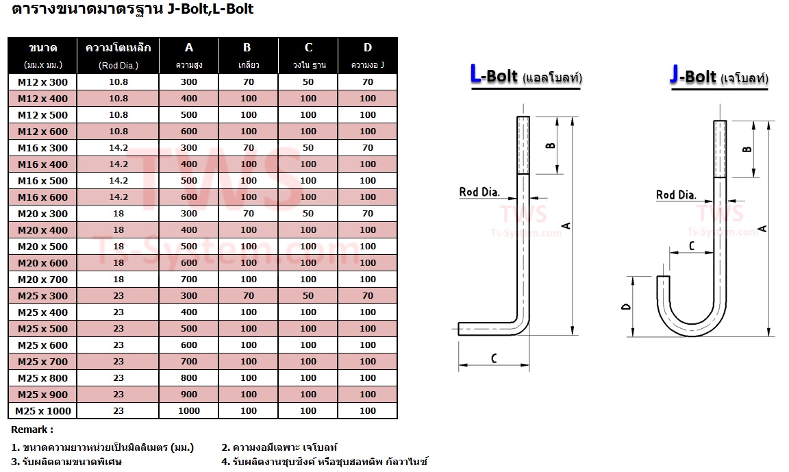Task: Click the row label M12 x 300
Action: click(42, 82)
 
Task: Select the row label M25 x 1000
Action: click(42, 410)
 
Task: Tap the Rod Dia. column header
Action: click(118, 65)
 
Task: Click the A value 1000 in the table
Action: click(189, 410)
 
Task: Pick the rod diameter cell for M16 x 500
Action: click(118, 181)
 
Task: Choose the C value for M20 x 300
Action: click(308, 213)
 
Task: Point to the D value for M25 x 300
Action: click(368, 296)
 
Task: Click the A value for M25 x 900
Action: click(189, 395)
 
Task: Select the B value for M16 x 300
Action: click(249, 148)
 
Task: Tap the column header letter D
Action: click(368, 48)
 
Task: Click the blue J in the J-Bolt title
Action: click(674, 75)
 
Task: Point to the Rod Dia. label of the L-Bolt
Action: click(479, 192)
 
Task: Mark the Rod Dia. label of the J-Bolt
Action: click(676, 195)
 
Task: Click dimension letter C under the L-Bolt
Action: click(494, 358)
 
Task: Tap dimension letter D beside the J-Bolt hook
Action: click(626, 306)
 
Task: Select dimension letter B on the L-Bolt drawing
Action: click(551, 146)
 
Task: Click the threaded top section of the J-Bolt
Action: click(720, 149)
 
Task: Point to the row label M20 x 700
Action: click(42, 280)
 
